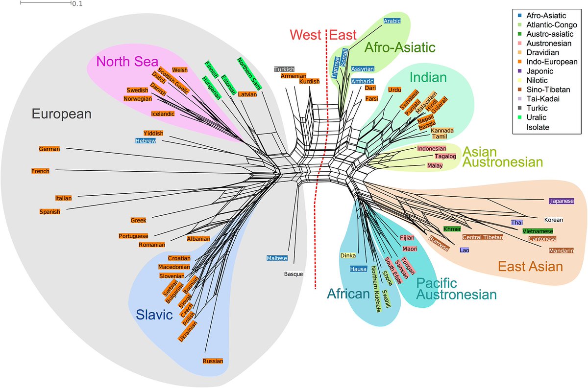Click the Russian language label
click(212, 362)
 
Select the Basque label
click(294, 274)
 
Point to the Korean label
click(553, 220)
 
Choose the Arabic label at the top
click(392, 21)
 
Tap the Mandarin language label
click(559, 250)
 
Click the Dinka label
click(347, 255)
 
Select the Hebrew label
click(146, 141)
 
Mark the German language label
click(49, 149)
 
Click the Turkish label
click(284, 69)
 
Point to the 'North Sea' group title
click(127, 62)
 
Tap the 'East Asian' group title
click(531, 267)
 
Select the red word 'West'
click(306, 35)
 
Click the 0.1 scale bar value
click(77, 4)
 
